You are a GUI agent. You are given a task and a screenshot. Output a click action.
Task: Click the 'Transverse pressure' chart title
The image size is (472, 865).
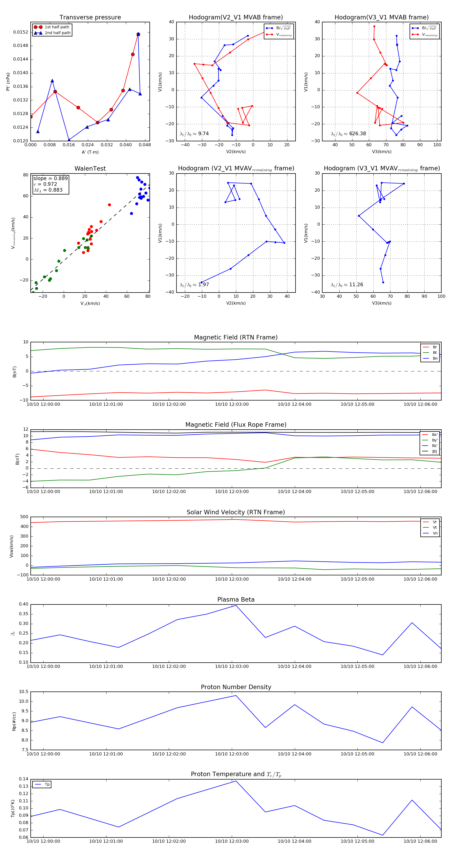click(x=90, y=18)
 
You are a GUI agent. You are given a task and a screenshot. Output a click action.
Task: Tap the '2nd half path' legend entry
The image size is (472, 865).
click(x=57, y=33)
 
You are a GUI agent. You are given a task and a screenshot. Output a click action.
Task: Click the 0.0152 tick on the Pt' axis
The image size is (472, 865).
click(x=20, y=32)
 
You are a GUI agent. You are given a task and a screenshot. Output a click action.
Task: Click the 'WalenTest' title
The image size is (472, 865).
click(x=90, y=169)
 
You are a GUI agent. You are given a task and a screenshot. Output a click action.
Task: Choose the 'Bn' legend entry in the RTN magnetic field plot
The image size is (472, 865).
click(x=435, y=358)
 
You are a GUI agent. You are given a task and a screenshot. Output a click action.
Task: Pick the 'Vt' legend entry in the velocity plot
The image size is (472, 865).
click(x=435, y=528)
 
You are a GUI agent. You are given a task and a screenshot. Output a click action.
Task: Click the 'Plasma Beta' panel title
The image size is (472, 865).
click(x=236, y=599)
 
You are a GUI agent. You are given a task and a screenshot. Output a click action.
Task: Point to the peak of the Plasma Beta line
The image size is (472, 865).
click(x=236, y=605)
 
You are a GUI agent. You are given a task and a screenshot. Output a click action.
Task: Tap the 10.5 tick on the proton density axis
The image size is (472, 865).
click(x=24, y=692)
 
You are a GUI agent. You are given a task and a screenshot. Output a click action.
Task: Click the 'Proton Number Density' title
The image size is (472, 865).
click(x=236, y=687)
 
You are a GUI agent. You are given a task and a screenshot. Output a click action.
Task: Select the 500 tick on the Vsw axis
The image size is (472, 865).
click(x=24, y=517)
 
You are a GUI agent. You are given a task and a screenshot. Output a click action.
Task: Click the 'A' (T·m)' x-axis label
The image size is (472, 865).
click(x=90, y=152)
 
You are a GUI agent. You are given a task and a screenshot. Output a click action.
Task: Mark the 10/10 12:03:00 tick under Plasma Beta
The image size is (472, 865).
click(x=232, y=666)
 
